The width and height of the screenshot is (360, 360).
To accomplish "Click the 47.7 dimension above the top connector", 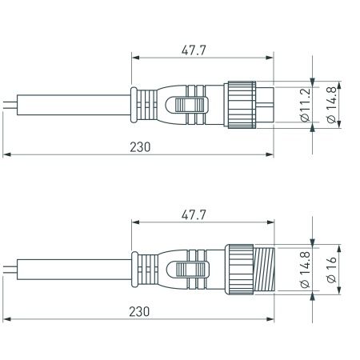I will (190, 49).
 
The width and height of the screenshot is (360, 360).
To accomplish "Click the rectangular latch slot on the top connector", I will (190, 105).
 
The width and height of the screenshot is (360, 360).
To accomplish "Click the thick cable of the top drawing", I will (72, 104).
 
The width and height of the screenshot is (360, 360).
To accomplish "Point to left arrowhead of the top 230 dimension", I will (7, 154).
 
